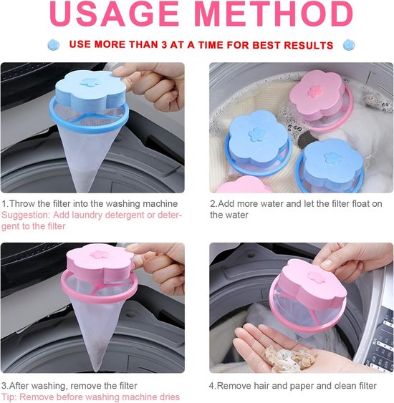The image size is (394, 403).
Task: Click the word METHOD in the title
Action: [x=275, y=14]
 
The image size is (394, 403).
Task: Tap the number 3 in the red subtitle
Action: [x=164, y=45]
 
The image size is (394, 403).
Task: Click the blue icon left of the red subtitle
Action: [x=54, y=45]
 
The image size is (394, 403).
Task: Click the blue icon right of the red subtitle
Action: [x=349, y=45]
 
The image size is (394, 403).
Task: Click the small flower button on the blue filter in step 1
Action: [x=89, y=82]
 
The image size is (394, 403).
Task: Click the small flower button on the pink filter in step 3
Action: [x=100, y=254]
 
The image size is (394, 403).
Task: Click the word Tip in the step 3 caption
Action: [x=8, y=397]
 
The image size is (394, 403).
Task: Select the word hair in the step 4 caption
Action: [x=261, y=386]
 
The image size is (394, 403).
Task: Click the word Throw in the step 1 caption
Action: [x=22, y=204]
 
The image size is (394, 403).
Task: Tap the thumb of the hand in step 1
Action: [x=121, y=71]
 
